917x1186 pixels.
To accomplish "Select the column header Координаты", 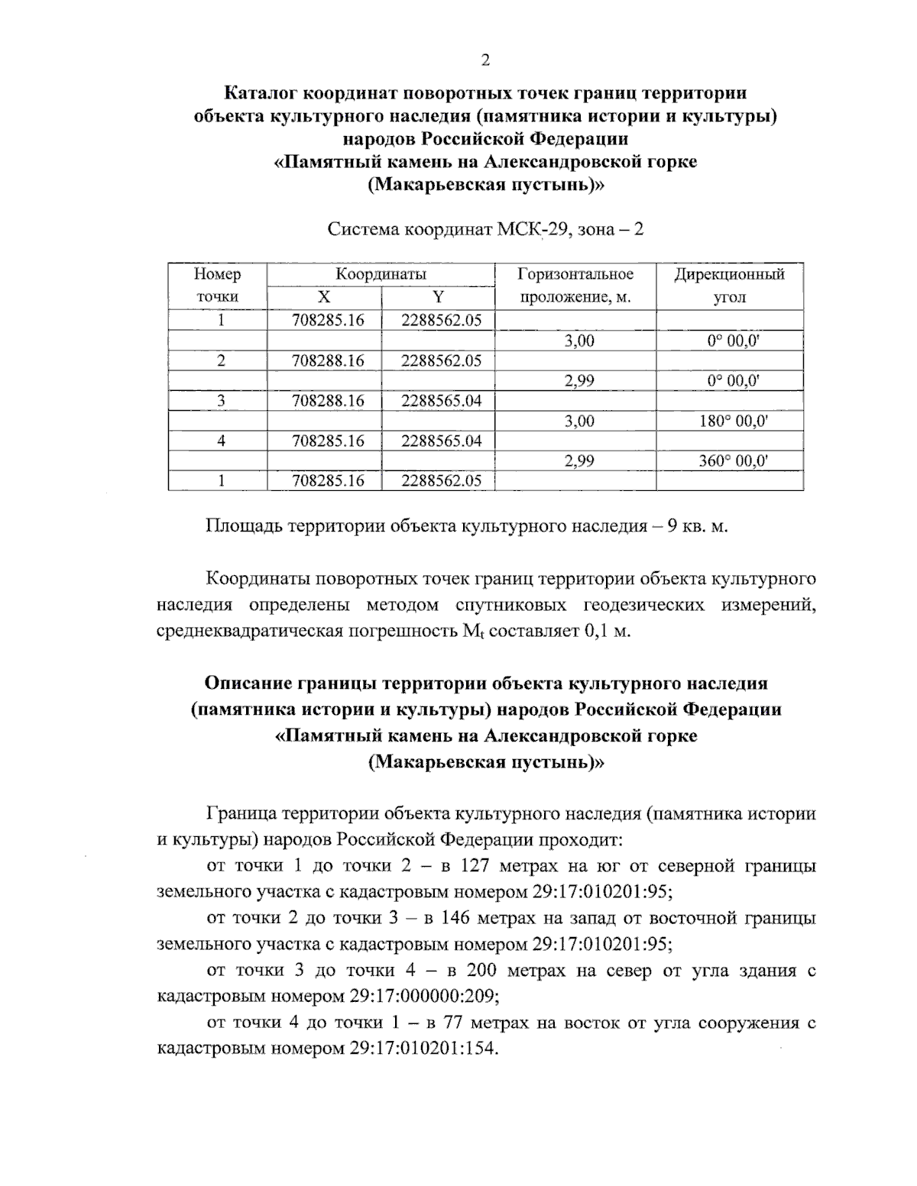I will tap(381, 274).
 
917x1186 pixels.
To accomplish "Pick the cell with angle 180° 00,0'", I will tap(733, 421).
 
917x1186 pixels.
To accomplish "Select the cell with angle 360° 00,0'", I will tap(733, 461).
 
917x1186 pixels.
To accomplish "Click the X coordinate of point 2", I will tap(328, 360).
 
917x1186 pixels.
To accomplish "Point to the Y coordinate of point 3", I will tap(441, 400).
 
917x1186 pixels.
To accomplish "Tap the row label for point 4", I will tap(221, 441).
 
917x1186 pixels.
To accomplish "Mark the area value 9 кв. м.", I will tap(697, 527).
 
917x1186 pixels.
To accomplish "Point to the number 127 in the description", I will tap(487, 866).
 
